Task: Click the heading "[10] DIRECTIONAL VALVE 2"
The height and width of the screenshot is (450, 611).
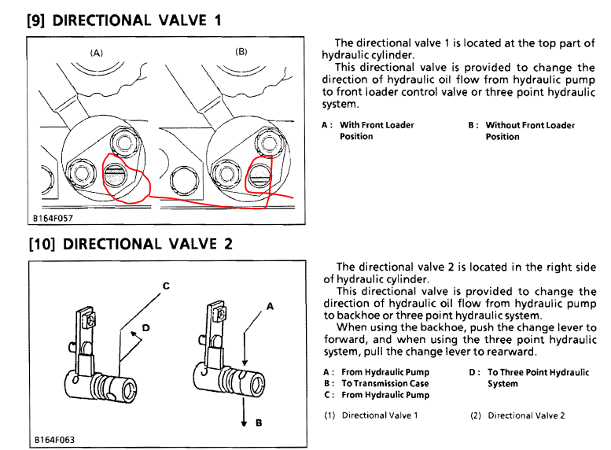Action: (x=130, y=243)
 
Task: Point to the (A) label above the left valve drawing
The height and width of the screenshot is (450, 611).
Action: (x=96, y=53)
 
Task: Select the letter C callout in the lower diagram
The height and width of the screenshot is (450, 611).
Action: (x=166, y=286)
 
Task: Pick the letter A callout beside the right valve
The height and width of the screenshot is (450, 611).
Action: (x=269, y=308)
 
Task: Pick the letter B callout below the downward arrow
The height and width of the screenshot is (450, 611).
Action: (x=258, y=422)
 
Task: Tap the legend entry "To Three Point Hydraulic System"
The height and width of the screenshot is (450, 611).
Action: (x=537, y=378)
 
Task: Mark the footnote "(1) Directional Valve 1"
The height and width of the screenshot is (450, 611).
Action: (x=366, y=415)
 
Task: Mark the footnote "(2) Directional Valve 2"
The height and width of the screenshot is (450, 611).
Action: (x=517, y=415)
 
